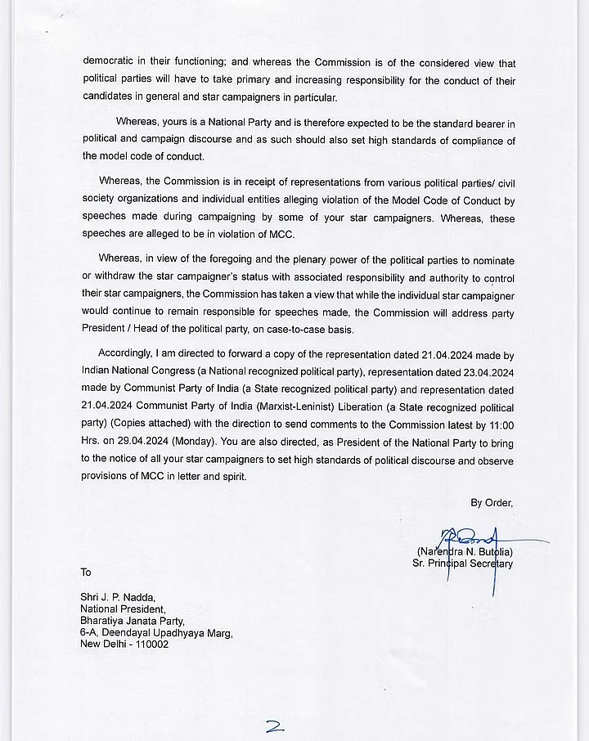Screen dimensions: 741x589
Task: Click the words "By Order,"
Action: [x=492, y=503]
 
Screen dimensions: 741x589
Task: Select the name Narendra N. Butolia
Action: [x=465, y=551]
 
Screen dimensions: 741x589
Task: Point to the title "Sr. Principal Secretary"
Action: [x=463, y=564]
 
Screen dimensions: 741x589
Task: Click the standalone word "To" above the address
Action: [x=86, y=572]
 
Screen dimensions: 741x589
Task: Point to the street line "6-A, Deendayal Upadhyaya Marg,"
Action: [x=156, y=632]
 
